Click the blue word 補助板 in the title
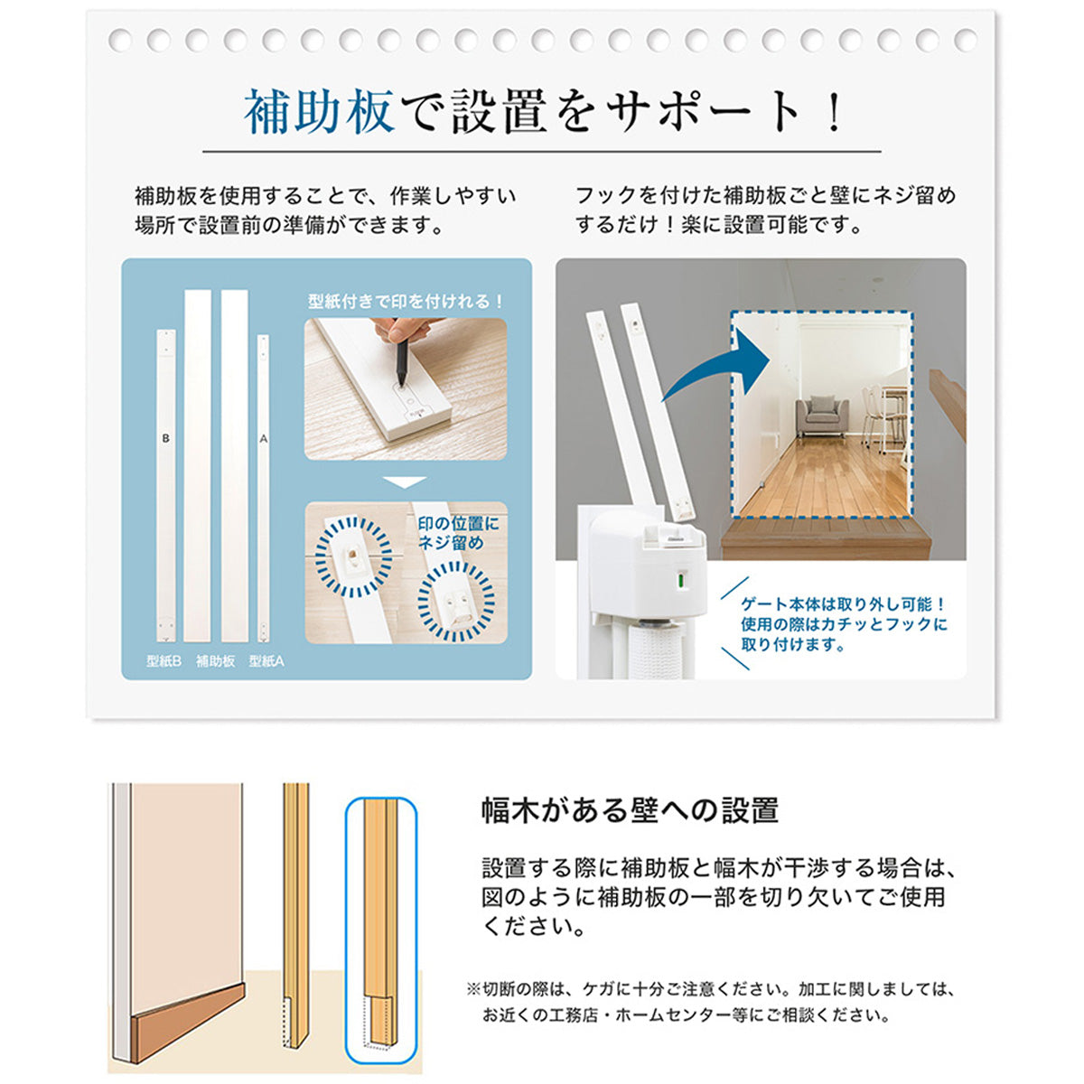point(319,112)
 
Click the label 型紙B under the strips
point(164,661)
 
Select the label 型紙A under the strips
point(266,661)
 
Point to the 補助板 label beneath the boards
point(216,661)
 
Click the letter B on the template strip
point(165,438)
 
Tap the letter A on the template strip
point(263,438)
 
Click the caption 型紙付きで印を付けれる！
point(406,302)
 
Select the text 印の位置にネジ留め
point(457,533)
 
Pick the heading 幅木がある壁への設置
point(630,810)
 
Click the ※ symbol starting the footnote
point(473,989)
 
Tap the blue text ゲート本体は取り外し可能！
point(843,604)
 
